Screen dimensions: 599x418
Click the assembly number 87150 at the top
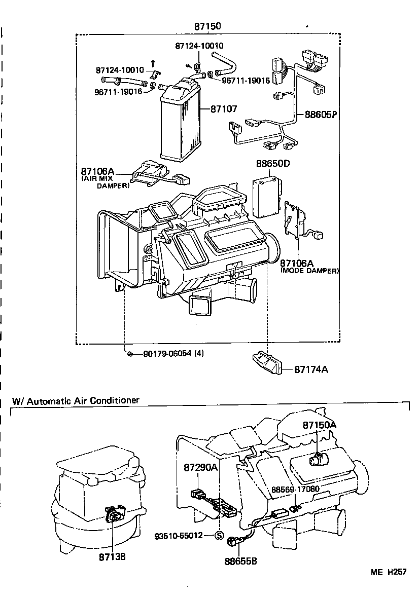207,26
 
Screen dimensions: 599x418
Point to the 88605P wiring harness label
321,115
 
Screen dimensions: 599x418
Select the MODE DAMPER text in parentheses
309,271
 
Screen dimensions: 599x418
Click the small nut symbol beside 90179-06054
130,354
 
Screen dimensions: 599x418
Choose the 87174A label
311,369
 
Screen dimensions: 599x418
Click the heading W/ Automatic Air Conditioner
76,400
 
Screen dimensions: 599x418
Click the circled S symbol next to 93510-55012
219,535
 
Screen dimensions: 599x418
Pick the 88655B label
240,561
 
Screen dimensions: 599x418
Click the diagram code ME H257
388,572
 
